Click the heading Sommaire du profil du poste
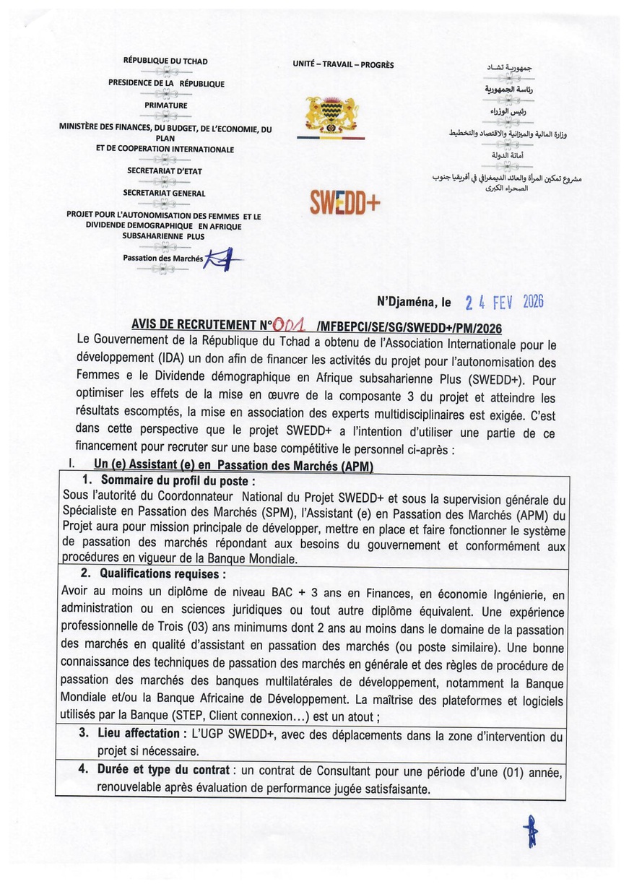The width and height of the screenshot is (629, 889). pos(178,480)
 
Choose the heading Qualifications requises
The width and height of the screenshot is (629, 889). pos(163,574)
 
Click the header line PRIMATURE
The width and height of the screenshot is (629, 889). pos(165,105)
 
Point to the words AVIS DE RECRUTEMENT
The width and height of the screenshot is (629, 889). pos(195,326)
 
